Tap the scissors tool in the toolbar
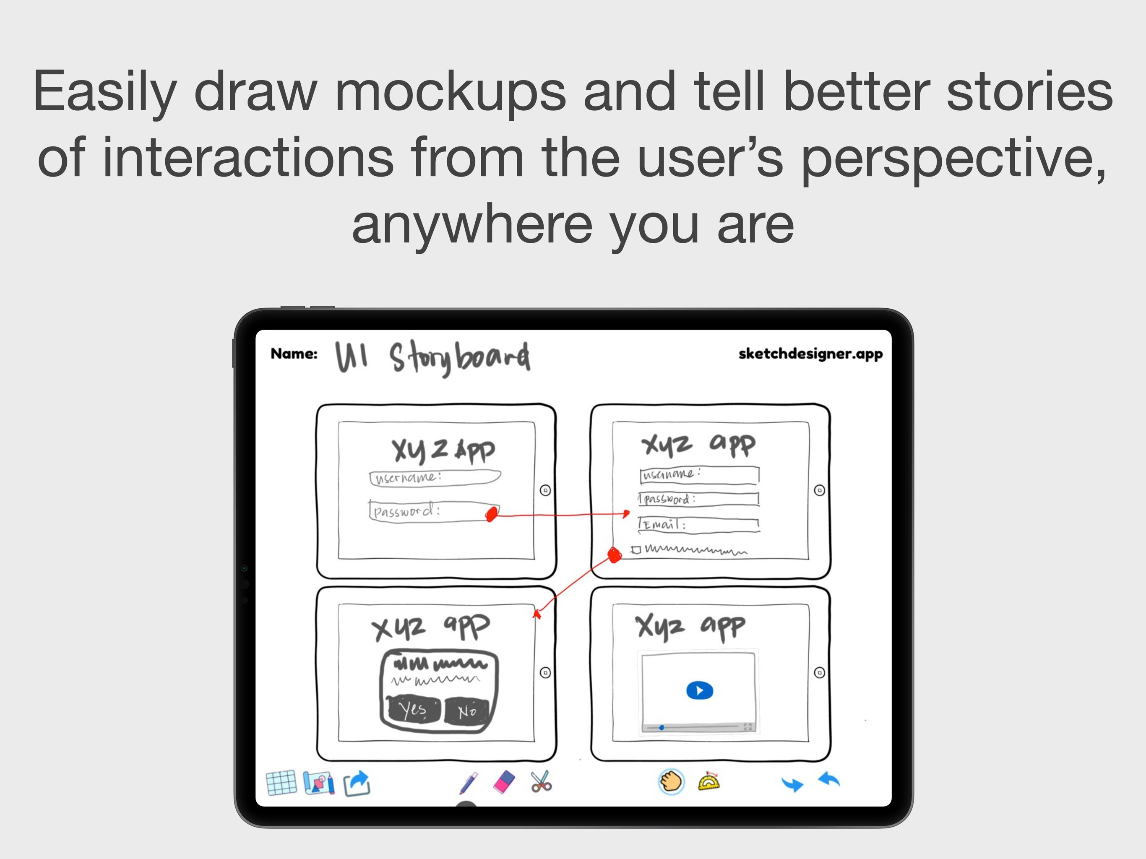pyautogui.click(x=542, y=782)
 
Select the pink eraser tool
pyautogui.click(x=504, y=782)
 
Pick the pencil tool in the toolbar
pyautogui.click(x=469, y=783)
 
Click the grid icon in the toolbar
pyautogui.click(x=281, y=783)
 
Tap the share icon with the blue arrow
pyautogui.click(x=357, y=783)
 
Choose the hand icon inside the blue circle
pyautogui.click(x=671, y=781)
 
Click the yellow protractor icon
pyautogui.click(x=709, y=782)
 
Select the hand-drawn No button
pyautogui.click(x=467, y=711)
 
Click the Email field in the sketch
pyautogui.click(x=699, y=525)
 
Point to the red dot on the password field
pyautogui.click(x=491, y=515)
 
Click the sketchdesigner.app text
pyautogui.click(x=810, y=354)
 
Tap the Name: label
pyautogui.click(x=294, y=354)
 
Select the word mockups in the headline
pyautogui.click(x=450, y=92)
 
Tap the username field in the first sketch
pyautogui.click(x=435, y=478)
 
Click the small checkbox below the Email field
pyautogui.click(x=636, y=550)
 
